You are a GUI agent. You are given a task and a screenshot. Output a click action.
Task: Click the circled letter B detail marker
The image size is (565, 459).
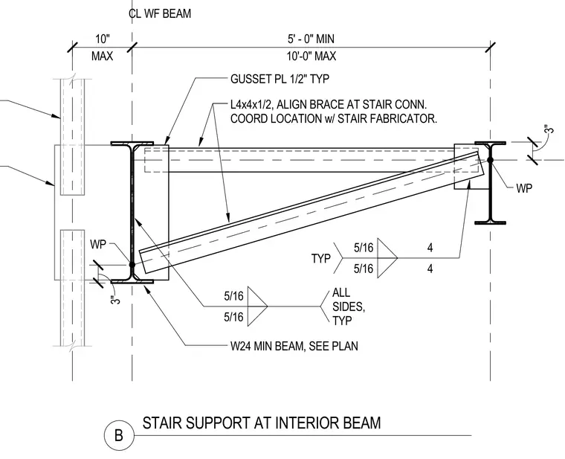coord(119,435)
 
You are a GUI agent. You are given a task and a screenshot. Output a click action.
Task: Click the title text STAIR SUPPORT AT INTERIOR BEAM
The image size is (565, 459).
coord(262,423)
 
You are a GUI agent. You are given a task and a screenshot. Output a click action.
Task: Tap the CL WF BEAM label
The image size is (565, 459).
coord(160,13)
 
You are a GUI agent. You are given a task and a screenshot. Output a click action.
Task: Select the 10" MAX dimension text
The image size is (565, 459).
coord(103,47)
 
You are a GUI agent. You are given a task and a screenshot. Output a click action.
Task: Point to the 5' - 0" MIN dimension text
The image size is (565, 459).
coord(311,39)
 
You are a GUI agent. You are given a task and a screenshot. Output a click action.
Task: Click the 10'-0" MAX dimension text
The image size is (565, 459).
coord(311,57)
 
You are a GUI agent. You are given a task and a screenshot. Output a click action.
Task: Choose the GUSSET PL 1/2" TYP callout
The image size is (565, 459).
coord(280,79)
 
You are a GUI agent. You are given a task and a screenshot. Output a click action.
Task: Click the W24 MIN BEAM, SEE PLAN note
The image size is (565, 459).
coord(294,346)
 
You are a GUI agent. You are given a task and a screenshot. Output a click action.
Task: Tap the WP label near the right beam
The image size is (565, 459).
coord(524,188)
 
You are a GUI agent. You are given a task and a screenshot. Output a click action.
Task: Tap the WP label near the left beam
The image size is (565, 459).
coord(98,244)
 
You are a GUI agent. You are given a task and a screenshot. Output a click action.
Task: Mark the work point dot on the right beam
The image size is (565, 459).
coord(490,160)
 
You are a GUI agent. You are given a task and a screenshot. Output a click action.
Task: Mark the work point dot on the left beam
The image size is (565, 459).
coord(132,265)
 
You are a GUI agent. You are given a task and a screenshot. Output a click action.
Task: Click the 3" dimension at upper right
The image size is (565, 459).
coord(549,129)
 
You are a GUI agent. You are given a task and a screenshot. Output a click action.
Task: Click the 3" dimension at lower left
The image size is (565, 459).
coord(115,300)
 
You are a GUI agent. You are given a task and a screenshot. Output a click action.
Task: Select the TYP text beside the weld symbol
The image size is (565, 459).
coord(320,258)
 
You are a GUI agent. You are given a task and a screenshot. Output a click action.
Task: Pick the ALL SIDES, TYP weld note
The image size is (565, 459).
coord(349,306)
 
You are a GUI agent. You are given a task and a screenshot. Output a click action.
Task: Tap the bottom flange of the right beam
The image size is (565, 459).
coord(490,222)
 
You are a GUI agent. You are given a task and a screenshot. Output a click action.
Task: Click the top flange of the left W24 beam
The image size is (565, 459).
coord(132,144)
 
